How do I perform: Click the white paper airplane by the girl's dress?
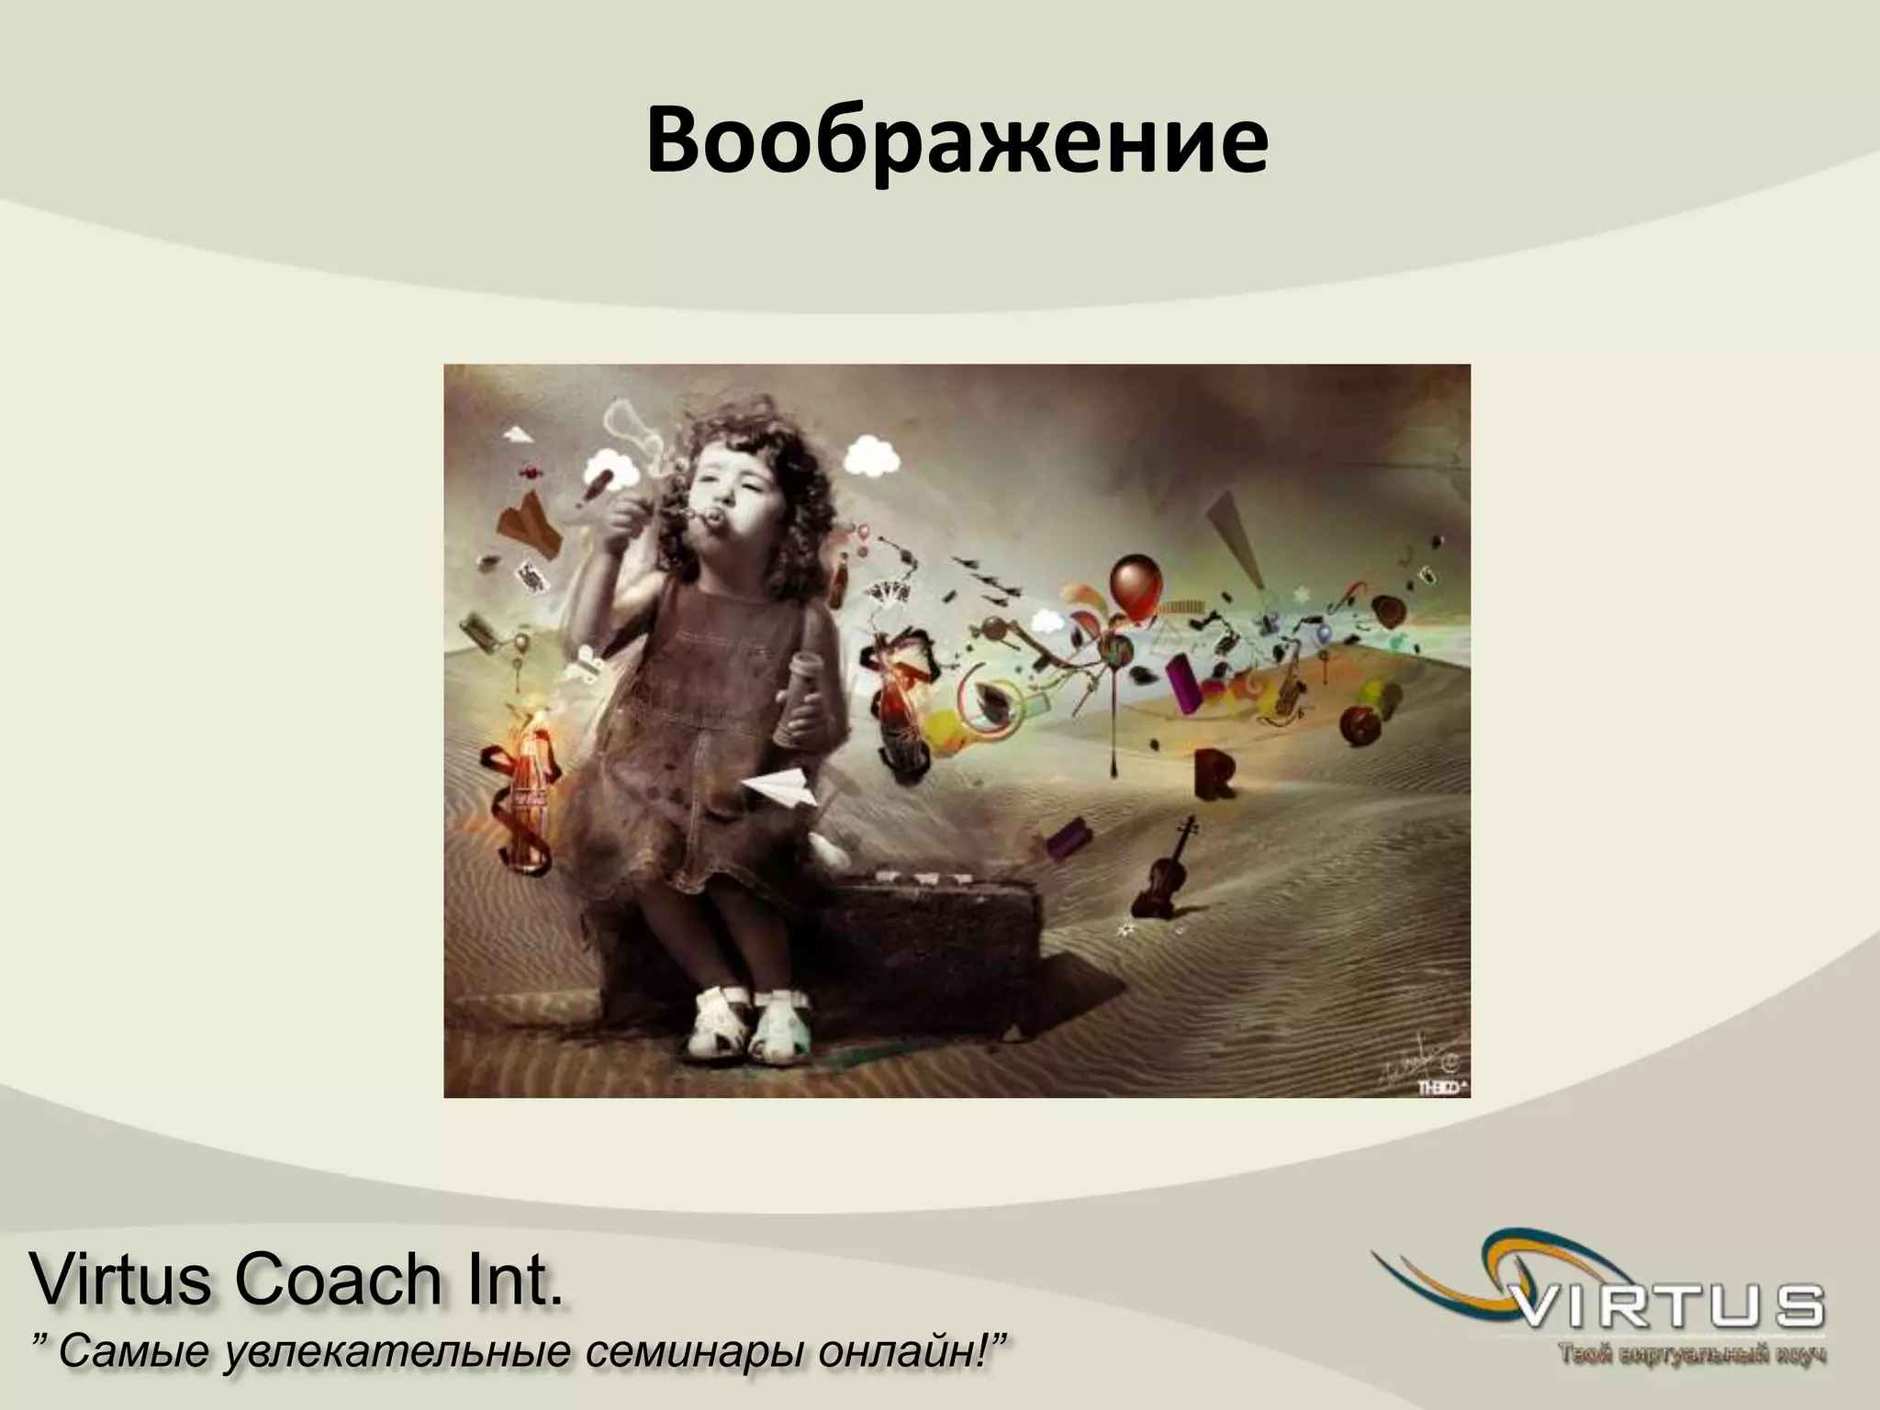coord(780,789)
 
